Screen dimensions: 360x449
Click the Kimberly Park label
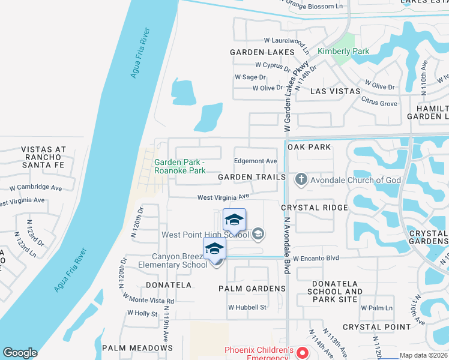click(343, 52)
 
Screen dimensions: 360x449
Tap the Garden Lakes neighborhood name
click(262, 53)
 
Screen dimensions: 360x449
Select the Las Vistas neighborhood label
click(335, 91)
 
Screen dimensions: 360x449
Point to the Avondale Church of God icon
click(300, 179)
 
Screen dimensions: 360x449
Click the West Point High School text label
click(205, 235)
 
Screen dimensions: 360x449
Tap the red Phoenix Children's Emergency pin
click(303, 353)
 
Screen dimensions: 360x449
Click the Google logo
click(20, 353)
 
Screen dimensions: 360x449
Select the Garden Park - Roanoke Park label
click(180, 166)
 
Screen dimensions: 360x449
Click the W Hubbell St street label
click(247, 308)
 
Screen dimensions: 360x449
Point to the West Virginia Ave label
click(223, 197)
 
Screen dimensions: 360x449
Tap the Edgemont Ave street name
click(255, 161)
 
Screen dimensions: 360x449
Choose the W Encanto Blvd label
click(316, 258)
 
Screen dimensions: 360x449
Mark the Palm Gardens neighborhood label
click(252, 289)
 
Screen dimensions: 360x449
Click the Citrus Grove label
click(379, 104)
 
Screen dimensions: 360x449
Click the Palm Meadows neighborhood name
click(137, 348)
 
